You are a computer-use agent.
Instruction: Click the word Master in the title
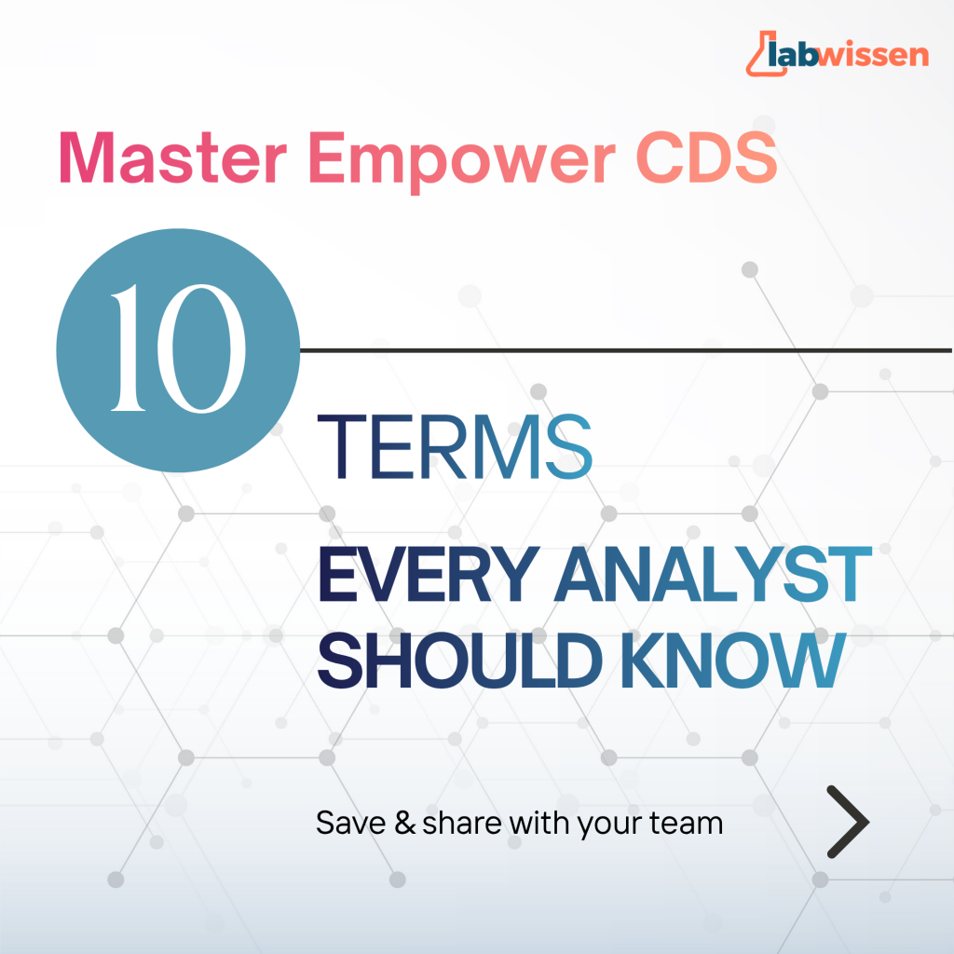[x=172, y=157]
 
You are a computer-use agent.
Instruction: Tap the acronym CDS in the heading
[x=707, y=157]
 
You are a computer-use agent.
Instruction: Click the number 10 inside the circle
[x=178, y=348]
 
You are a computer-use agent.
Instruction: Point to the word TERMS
[x=455, y=447]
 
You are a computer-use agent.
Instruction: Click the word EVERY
[x=429, y=574]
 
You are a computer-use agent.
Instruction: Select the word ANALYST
[x=713, y=574]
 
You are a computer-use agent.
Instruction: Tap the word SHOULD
[x=460, y=661]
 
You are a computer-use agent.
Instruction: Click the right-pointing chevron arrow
[x=848, y=822]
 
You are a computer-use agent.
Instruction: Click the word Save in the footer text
[x=351, y=824]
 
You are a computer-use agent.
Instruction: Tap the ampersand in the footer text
[x=404, y=824]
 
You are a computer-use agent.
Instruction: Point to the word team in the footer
[x=687, y=824]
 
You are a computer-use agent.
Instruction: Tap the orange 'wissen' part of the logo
[x=873, y=54]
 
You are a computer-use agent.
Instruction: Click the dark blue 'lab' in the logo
[x=793, y=53]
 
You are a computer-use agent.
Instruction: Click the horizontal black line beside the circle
[x=626, y=350]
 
